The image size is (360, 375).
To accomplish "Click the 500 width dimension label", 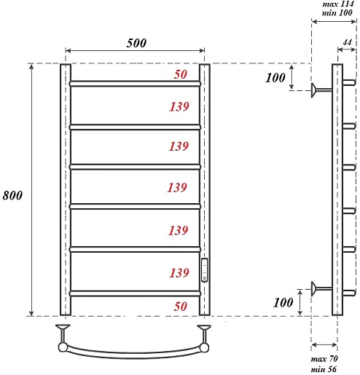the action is click(x=136, y=43).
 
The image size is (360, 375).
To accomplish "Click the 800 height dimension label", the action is click(x=12, y=195).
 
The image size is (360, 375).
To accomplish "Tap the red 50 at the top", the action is click(x=181, y=74).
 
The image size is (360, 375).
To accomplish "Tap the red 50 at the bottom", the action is click(x=181, y=307).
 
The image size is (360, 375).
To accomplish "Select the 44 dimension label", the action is click(x=347, y=43).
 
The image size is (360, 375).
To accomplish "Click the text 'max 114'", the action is click(x=338, y=4).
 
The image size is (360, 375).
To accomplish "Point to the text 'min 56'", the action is click(x=324, y=369).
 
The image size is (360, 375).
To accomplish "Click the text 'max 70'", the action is click(x=324, y=359).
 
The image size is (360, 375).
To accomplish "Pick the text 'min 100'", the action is click(x=337, y=12).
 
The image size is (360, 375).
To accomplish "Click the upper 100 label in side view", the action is click(x=275, y=78).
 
